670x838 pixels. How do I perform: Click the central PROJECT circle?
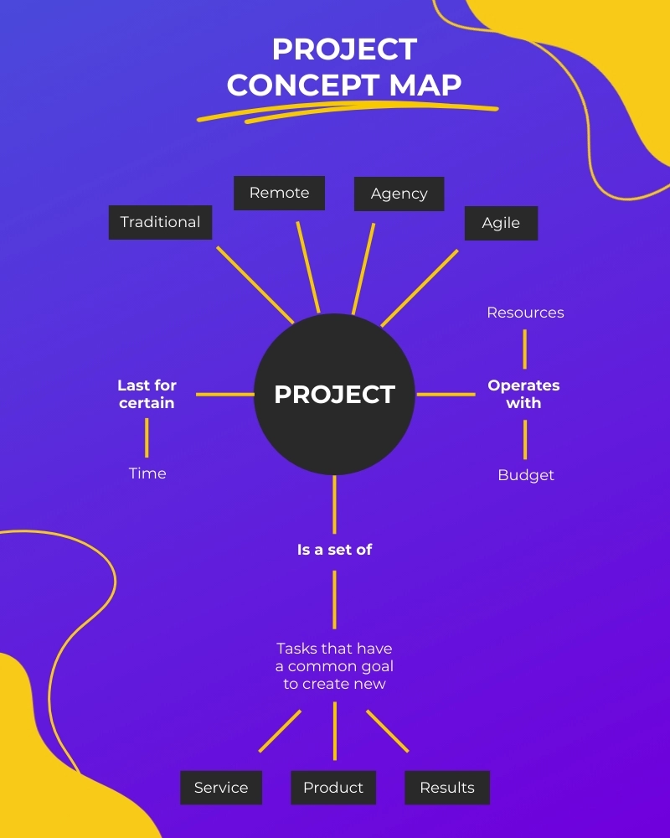334,394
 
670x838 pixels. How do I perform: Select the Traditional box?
160,222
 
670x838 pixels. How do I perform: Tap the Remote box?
279,193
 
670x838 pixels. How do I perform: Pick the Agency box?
399,194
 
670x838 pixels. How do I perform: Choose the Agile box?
501,223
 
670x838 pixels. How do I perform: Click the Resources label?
525,313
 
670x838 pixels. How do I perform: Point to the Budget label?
526,475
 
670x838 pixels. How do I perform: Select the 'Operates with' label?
523,394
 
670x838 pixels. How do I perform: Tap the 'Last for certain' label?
147,394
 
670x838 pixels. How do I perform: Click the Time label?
147,473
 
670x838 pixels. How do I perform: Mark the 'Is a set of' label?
334,550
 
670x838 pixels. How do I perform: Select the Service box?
221,788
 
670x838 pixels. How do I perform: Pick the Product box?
333,788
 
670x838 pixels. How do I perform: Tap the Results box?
447,788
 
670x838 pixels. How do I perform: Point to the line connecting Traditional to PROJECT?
255,284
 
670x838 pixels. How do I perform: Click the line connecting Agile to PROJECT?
420,287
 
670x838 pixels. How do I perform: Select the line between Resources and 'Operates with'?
525,349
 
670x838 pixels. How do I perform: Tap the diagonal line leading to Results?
387,731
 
